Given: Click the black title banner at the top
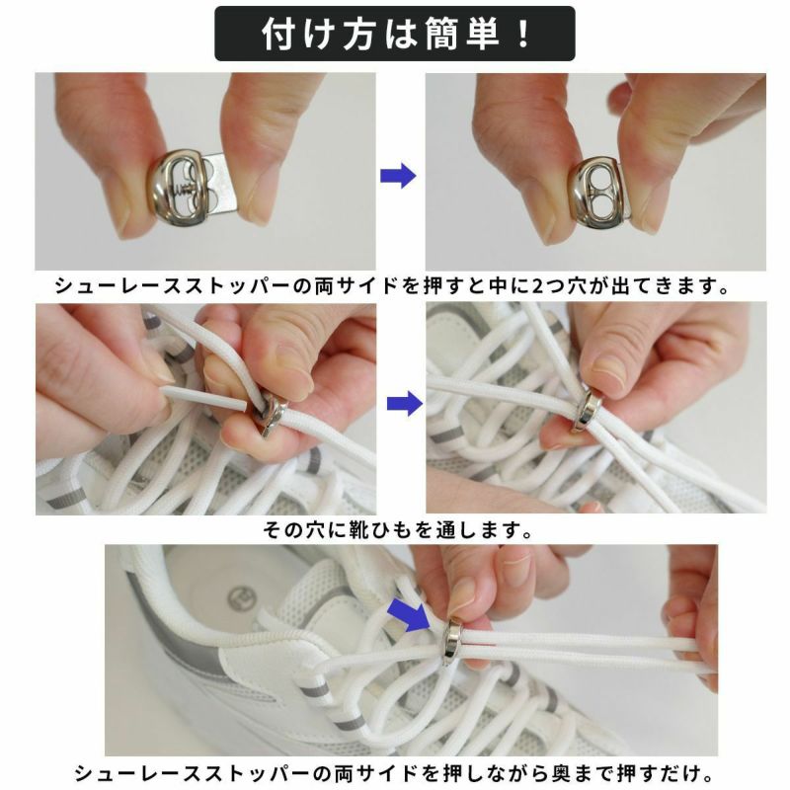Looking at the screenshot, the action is [x=394, y=34].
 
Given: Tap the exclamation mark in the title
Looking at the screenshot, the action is [x=524, y=35].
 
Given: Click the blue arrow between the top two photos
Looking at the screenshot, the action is [x=398, y=176].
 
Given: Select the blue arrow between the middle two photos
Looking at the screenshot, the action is [x=405, y=404].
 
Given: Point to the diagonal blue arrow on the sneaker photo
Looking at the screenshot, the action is [x=407, y=614].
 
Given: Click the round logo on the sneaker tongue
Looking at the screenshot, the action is [x=242, y=597].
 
